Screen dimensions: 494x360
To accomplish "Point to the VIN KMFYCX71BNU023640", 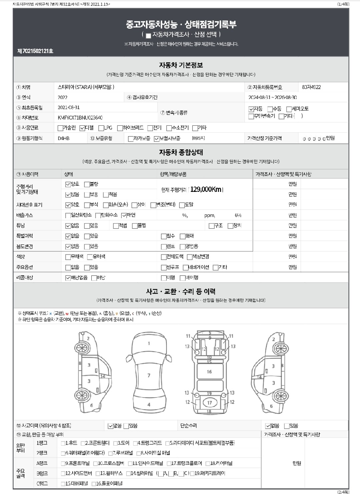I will (x=80, y=117).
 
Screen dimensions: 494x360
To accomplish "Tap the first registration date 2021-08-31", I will (x=69, y=107).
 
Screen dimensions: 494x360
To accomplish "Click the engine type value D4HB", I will (x=63, y=138).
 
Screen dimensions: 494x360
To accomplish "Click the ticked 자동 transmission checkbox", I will (x=251, y=109).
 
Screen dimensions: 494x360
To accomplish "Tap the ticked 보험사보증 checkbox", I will (x=156, y=138).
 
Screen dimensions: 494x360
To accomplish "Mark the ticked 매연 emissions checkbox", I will (x=124, y=215).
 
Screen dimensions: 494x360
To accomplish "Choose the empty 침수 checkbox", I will (x=163, y=236).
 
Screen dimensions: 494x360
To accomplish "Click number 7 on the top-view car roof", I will (x=149, y=375).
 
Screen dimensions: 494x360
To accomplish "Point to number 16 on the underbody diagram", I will (x=209, y=371).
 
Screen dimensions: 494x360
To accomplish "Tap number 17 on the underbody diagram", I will (x=209, y=403).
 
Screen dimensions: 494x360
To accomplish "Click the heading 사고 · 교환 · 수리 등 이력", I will (x=181, y=291).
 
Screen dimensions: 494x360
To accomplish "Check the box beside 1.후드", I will (x=63, y=443).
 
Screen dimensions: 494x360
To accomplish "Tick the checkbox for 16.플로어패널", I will (x=94, y=484).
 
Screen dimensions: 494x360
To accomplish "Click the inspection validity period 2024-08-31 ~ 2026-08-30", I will (x=273, y=97).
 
